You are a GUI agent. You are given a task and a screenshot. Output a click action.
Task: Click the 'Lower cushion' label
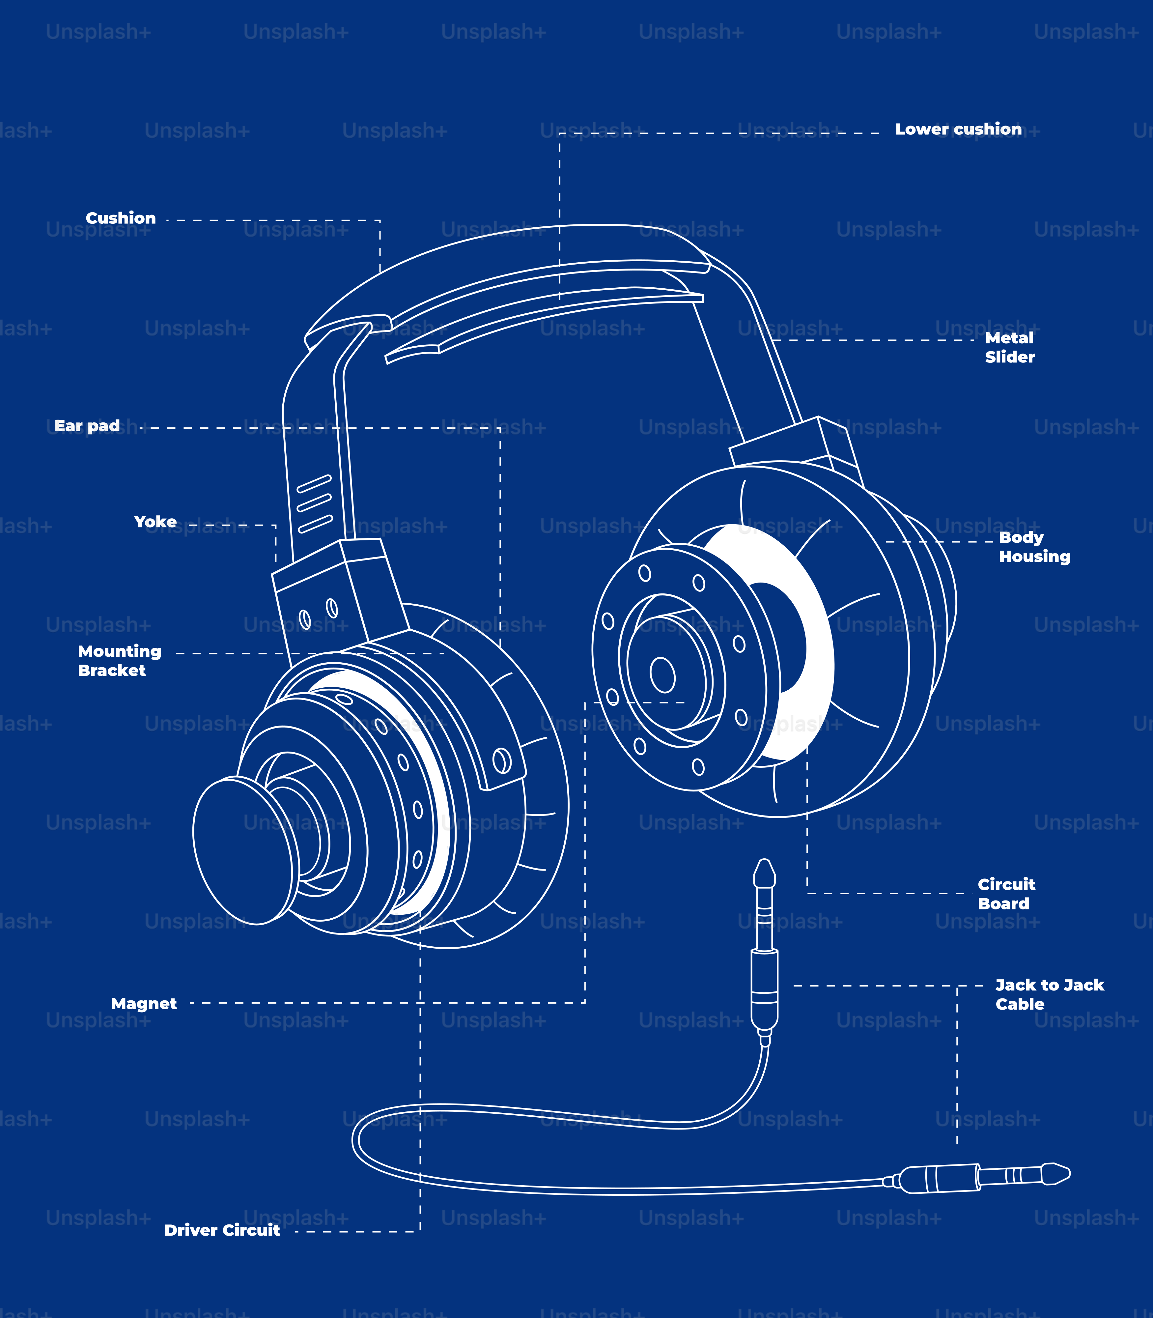tap(958, 129)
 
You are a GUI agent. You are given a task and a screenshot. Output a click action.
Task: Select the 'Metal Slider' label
tap(1009, 348)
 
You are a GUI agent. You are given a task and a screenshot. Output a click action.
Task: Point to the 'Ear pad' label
tap(87, 426)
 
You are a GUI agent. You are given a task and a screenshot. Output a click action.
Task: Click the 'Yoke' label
tap(155, 522)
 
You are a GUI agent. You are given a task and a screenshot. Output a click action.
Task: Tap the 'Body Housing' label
tap(1034, 547)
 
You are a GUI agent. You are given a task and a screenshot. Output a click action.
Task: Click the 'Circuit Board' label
tap(1006, 894)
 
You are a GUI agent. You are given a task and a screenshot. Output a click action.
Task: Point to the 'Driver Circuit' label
tap(222, 1230)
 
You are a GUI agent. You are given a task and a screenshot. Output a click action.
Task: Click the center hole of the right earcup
tap(662, 675)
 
